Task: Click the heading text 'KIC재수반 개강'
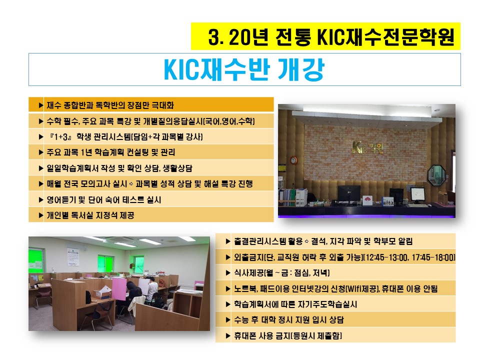[244, 70]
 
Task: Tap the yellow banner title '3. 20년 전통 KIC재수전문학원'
[331, 37]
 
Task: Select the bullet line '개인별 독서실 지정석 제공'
[90, 215]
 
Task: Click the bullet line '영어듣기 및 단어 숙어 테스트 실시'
[104, 199]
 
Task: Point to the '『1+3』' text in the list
[60, 136]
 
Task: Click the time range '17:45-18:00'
[433, 257]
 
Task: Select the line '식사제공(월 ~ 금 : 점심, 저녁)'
[281, 272]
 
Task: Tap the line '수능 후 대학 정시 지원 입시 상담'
[289, 320]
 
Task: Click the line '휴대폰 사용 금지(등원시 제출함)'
[288, 336]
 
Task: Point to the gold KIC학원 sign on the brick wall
[367, 147]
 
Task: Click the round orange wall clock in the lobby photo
[293, 160]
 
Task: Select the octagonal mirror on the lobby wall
[436, 175]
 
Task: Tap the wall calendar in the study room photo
[73, 256]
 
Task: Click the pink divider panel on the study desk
[119, 289]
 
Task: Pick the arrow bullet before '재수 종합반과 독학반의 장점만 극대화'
[40, 105]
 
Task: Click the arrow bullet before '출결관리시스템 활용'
[228, 241]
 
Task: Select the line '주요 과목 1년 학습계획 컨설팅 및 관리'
[111, 152]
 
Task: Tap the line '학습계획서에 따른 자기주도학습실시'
[295, 304]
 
